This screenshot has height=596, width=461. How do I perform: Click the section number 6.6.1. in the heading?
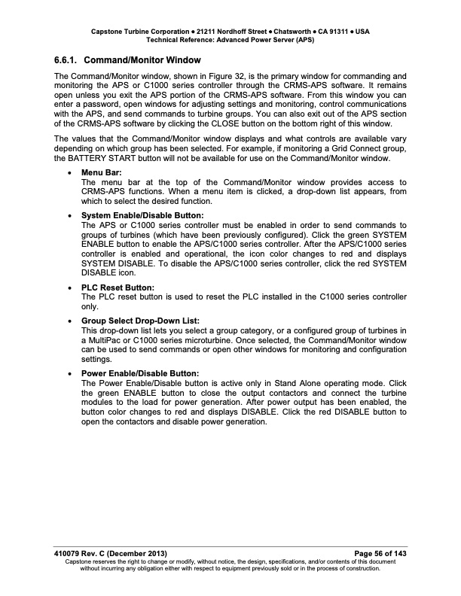click(x=68, y=59)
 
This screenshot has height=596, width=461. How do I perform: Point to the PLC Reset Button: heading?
click(x=118, y=287)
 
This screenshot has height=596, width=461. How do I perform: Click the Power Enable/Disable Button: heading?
click(x=140, y=372)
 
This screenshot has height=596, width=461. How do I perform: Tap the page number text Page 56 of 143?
click(x=375, y=554)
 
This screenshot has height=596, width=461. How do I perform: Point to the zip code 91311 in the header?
click(x=336, y=32)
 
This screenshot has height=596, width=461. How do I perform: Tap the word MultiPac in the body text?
click(x=102, y=340)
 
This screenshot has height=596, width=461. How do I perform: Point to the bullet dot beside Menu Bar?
click(x=71, y=173)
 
